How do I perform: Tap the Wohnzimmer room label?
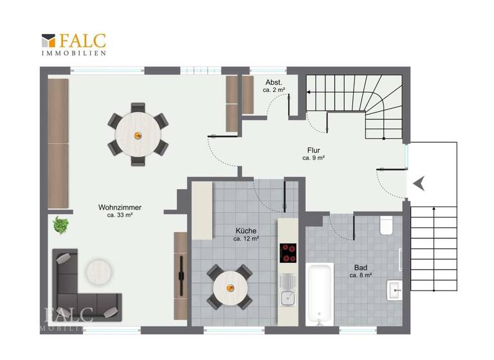(x=120, y=208)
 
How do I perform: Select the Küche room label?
(x=246, y=231)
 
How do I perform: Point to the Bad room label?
(x=362, y=267)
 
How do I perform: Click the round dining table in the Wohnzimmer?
(x=137, y=134)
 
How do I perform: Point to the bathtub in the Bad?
(x=319, y=293)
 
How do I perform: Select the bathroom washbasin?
(x=394, y=290)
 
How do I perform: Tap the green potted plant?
(x=61, y=225)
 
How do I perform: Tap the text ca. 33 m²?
(x=120, y=215)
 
